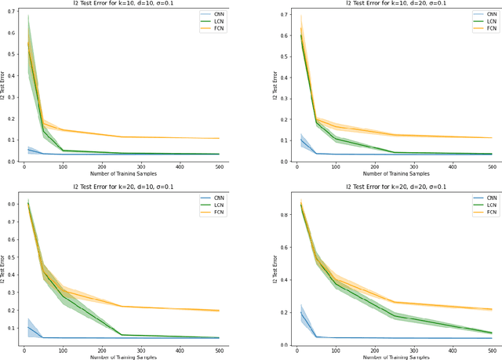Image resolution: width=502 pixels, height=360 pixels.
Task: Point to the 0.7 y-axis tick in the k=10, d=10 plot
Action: pos(9,12)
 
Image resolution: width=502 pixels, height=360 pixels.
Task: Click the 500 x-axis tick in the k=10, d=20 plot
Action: pos(492,167)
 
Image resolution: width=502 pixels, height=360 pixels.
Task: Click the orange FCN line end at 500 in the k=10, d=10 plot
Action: pos(240,138)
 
